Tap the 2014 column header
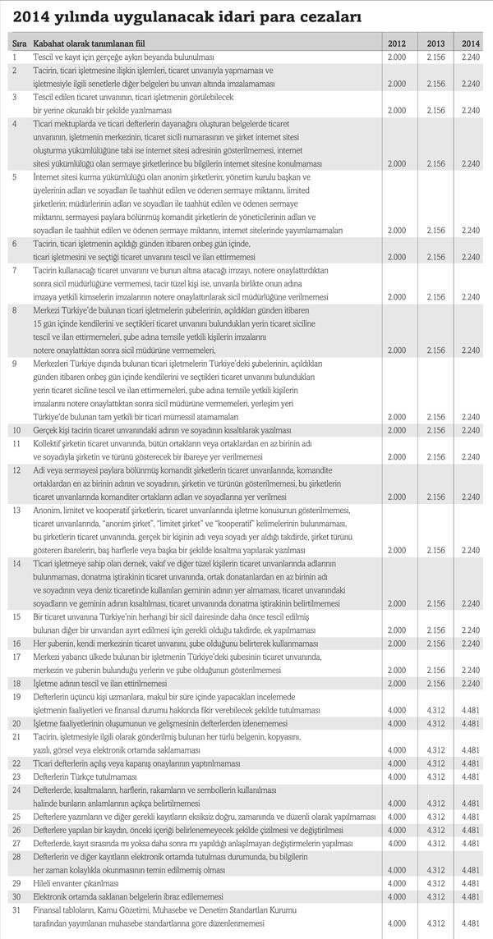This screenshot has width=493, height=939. tap(471, 41)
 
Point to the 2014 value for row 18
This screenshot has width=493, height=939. tap(471, 683)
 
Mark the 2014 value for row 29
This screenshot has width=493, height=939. tap(471, 882)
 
